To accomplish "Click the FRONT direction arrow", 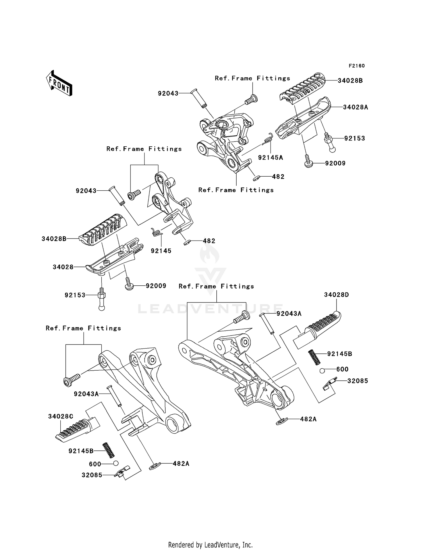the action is [59, 83].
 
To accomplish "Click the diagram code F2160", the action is [357, 66].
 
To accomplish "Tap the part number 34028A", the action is [355, 107].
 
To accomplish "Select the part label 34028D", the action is [337, 295].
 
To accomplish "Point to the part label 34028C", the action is [61, 416].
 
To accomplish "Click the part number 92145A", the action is [271, 158].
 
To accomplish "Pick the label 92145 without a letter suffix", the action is [161, 251].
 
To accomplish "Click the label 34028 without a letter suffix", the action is [63, 267].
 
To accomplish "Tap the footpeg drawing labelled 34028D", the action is [317, 330].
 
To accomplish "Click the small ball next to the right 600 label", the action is [322, 371].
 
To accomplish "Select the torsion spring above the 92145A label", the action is [268, 138].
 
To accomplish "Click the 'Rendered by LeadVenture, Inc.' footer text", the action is [210, 545].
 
